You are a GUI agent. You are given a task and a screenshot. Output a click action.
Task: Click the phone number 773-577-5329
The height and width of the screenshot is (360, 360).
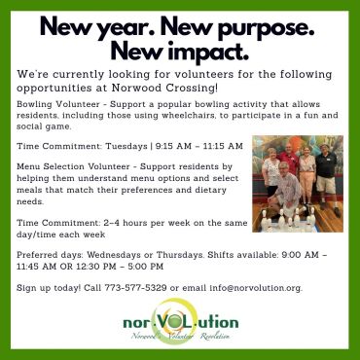(x=135, y=288)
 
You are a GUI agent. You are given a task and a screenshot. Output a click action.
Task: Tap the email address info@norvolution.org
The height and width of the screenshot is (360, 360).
(x=256, y=288)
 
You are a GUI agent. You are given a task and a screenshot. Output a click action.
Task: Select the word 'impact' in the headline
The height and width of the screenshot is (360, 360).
(x=204, y=52)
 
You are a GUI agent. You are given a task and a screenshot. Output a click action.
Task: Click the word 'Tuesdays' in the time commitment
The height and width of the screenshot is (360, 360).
(x=126, y=146)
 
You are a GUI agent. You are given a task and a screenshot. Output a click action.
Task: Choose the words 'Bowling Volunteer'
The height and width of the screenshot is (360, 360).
(x=58, y=104)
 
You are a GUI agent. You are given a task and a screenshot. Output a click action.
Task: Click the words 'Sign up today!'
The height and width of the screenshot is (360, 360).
(x=49, y=288)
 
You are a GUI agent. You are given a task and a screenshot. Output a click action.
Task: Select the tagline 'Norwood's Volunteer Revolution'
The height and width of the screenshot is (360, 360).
(x=180, y=337)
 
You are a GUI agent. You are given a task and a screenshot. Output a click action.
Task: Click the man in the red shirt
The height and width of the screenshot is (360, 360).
(x=289, y=160)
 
